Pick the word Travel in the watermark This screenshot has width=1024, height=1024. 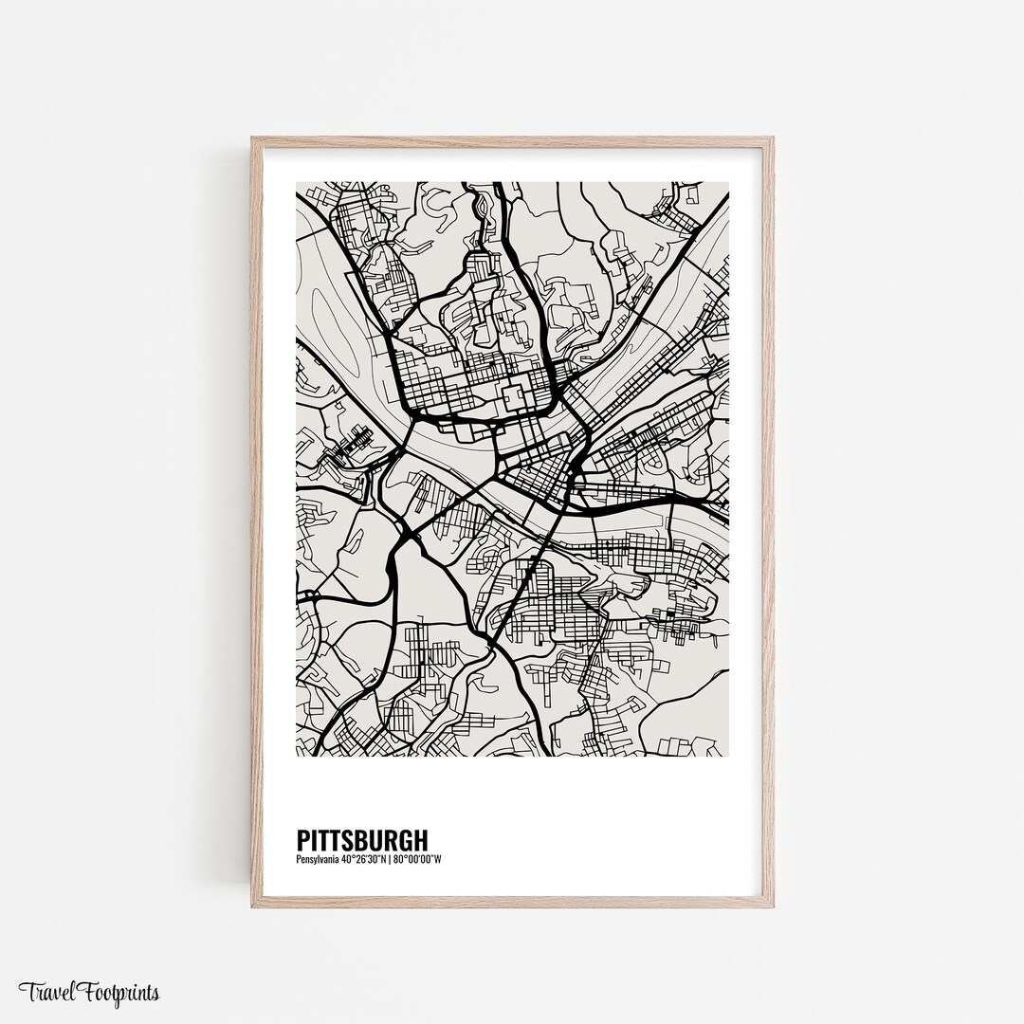(46, 993)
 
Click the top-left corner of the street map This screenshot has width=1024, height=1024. (297, 183)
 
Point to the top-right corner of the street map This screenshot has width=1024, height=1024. (728, 183)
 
